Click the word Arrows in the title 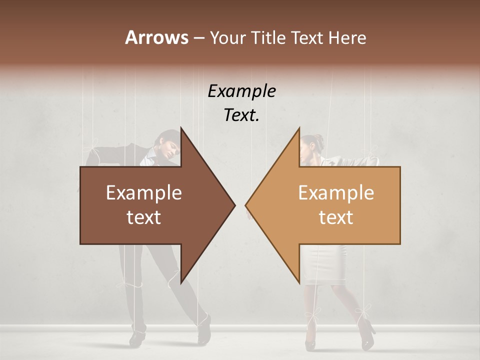pyautogui.click(x=156, y=37)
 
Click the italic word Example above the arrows pyautogui.click(x=241, y=91)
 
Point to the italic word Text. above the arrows pyautogui.click(x=241, y=115)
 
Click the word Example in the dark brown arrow pyautogui.click(x=144, y=192)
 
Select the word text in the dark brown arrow pyautogui.click(x=144, y=217)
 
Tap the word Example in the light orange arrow pyautogui.click(x=336, y=192)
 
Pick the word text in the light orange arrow pyautogui.click(x=336, y=217)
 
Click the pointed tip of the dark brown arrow pyautogui.click(x=234, y=205)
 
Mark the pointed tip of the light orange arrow pyautogui.click(x=245, y=205)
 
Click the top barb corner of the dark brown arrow pyautogui.click(x=181, y=128)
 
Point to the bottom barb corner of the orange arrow pyautogui.click(x=299, y=282)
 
